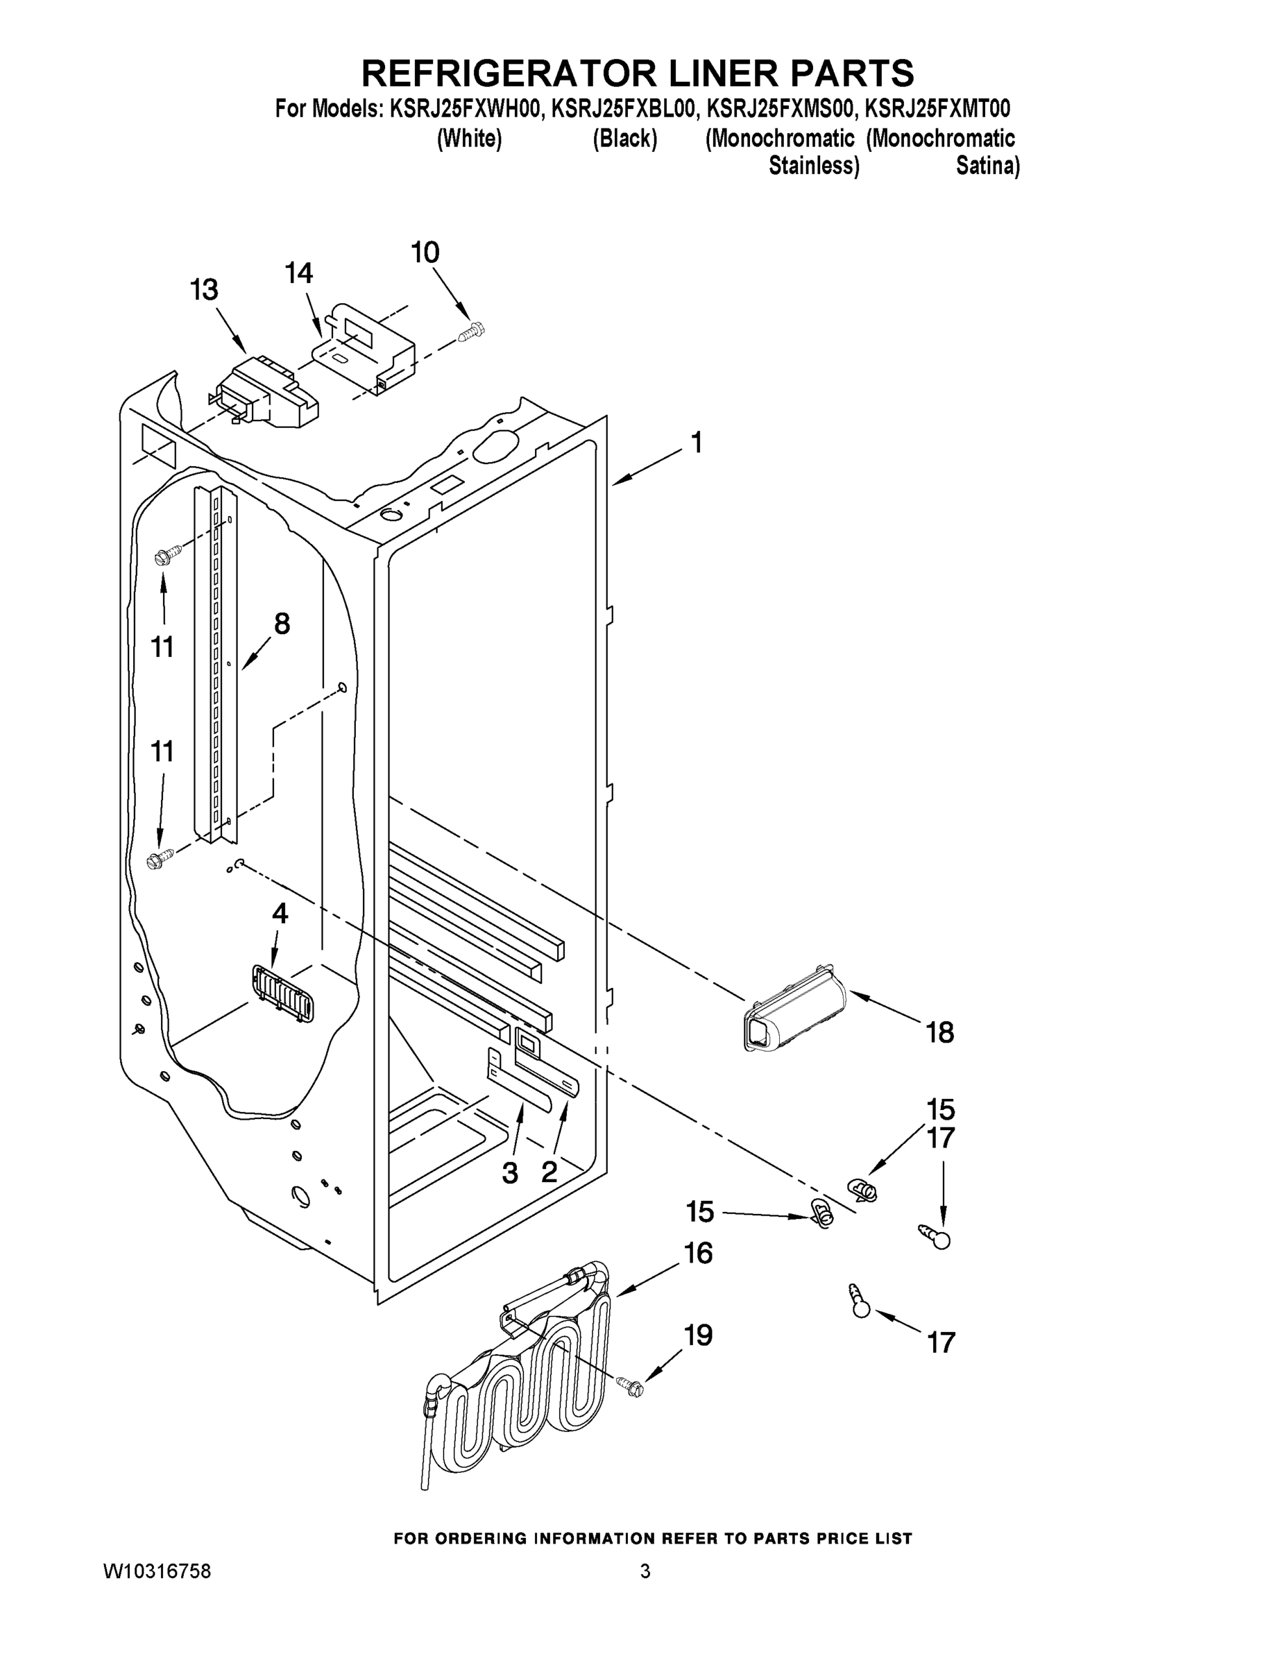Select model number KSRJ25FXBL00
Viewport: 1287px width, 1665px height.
(x=624, y=109)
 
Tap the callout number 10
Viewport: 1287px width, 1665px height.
(x=425, y=253)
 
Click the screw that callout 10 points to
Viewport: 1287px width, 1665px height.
(x=473, y=332)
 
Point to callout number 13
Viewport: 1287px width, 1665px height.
(x=203, y=290)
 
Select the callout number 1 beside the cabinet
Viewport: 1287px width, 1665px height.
(x=695, y=442)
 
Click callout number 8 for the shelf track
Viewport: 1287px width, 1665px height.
(x=282, y=624)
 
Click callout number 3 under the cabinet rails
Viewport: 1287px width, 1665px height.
(x=509, y=1172)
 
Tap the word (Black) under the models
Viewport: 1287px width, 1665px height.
(x=624, y=139)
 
